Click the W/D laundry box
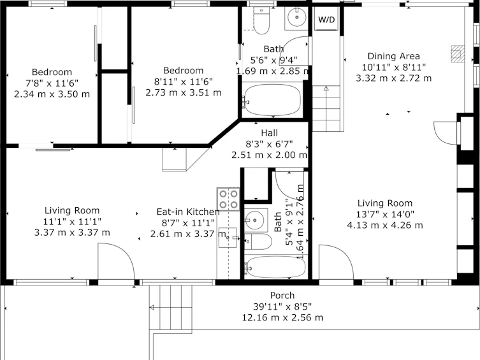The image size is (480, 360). [326, 19]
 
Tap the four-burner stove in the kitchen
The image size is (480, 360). [228, 199]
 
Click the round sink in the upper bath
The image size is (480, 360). [296, 18]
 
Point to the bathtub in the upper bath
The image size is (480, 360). [272, 100]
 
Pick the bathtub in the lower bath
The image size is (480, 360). [275, 266]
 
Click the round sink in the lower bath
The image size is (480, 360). [254, 220]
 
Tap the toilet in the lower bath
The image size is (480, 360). [258, 241]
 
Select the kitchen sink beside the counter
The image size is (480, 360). [228, 238]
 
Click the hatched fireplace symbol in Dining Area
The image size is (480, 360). [458, 54]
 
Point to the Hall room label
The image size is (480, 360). [270, 133]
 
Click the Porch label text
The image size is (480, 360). [282, 296]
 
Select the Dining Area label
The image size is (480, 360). [394, 56]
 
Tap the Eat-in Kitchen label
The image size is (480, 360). [188, 212]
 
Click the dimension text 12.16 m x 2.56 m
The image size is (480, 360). [282, 317]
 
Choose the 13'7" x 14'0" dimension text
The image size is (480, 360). [385, 214]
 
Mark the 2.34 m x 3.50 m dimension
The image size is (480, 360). [52, 94]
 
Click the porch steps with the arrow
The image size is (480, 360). [170, 307]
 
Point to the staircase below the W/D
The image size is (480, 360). [326, 108]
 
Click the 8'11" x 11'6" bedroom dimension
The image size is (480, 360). [184, 82]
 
